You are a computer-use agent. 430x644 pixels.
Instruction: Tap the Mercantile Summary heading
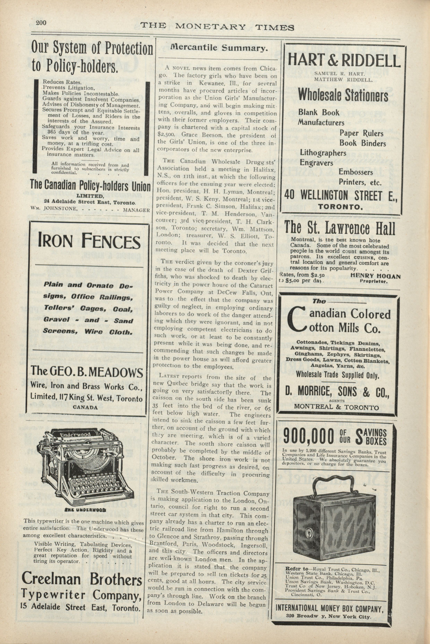pyautogui.click(x=219, y=48)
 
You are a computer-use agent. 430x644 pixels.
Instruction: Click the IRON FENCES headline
pyautogui.click(x=89, y=241)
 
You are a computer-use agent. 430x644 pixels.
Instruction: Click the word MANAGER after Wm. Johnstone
pyautogui.click(x=137, y=210)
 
